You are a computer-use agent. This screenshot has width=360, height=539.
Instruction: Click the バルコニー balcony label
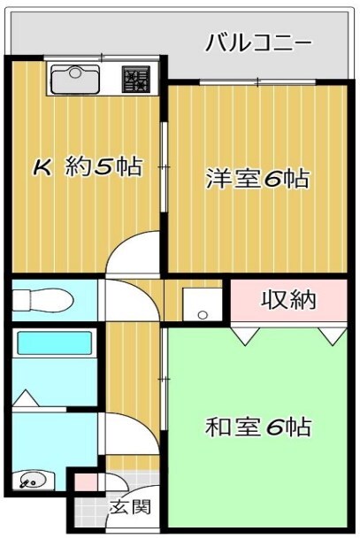(x=258, y=42)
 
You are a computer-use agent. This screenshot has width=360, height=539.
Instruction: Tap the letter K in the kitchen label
(x=42, y=167)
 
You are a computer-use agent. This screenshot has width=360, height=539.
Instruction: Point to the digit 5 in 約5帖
(x=104, y=167)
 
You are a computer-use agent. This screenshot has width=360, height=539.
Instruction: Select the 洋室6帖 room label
(x=257, y=179)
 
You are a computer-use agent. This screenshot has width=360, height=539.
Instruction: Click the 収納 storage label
(x=287, y=300)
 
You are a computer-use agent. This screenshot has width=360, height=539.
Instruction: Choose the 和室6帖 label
(x=257, y=427)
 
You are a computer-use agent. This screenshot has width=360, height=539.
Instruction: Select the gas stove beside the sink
(x=137, y=81)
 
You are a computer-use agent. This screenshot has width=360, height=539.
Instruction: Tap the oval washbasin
(x=34, y=482)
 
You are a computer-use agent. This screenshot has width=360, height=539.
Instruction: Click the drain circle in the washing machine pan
(x=203, y=314)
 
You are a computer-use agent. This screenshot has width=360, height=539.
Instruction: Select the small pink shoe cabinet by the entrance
(x=84, y=483)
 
